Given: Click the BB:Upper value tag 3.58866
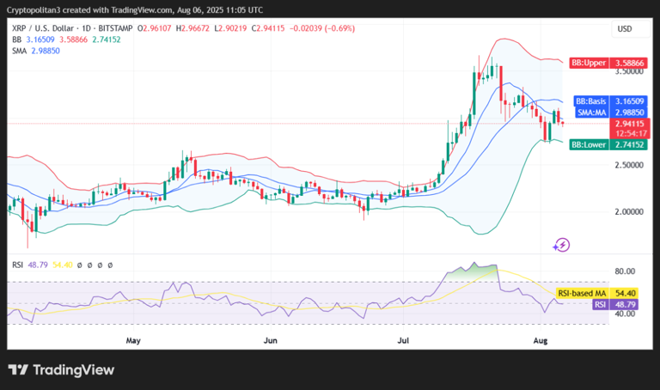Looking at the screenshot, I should [629, 63].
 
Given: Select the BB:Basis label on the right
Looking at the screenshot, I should [590, 101].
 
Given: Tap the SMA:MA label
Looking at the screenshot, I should [591, 113].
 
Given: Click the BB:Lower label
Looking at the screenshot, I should [589, 144].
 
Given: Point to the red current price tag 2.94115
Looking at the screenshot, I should [629, 124].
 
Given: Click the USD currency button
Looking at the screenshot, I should [625, 29].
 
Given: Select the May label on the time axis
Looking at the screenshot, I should [133, 340].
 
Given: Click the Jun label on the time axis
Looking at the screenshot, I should [270, 340].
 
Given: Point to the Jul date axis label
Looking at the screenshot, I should [403, 340].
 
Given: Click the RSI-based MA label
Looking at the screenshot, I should [582, 294].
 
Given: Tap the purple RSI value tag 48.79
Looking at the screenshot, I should [624, 304].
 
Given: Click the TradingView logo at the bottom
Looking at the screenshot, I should [61, 369].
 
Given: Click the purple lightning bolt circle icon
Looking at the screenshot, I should [562, 245].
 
